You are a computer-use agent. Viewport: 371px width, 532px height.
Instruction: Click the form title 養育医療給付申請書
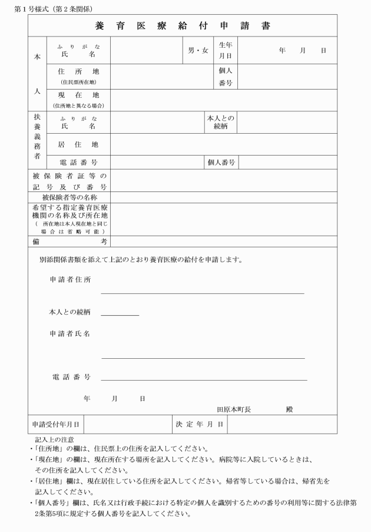[183, 27]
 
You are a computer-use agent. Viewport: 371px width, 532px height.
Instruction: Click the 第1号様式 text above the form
[49, 9]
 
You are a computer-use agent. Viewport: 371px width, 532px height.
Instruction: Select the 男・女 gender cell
[198, 51]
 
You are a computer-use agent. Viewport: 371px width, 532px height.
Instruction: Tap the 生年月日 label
[226, 51]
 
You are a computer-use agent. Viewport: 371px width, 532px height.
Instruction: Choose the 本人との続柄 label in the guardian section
[221, 122]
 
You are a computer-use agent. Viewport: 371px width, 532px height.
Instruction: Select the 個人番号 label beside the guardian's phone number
[221, 162]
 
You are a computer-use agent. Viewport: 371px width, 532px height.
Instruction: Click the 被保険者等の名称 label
[69, 197]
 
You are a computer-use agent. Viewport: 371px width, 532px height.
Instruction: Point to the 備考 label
[69, 240]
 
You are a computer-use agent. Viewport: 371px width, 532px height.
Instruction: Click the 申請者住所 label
[69, 279]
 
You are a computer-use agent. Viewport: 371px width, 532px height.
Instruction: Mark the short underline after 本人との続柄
[120, 316]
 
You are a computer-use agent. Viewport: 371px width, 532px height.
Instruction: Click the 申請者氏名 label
[69, 334]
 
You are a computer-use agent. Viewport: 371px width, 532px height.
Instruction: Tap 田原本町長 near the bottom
[234, 409]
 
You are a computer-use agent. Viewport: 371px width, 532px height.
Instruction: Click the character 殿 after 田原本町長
[289, 409]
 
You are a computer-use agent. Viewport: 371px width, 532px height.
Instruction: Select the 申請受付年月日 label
[56, 424]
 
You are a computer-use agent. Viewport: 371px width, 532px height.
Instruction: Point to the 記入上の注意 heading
[55, 440]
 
